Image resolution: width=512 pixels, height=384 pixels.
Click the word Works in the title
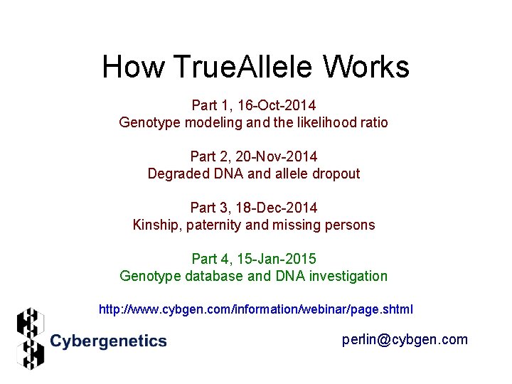366,68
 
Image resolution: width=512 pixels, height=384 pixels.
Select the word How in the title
133,68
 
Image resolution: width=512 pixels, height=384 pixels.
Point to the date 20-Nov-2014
277,156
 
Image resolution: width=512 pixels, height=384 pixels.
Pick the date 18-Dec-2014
277,208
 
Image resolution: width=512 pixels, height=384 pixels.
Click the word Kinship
156,225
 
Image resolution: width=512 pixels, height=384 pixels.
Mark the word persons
349,225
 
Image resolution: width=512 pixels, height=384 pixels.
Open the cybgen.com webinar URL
255,310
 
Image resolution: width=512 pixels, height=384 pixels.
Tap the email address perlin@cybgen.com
405,340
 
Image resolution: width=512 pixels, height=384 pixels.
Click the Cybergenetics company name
108,341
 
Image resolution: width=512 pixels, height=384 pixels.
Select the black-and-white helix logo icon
30,338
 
